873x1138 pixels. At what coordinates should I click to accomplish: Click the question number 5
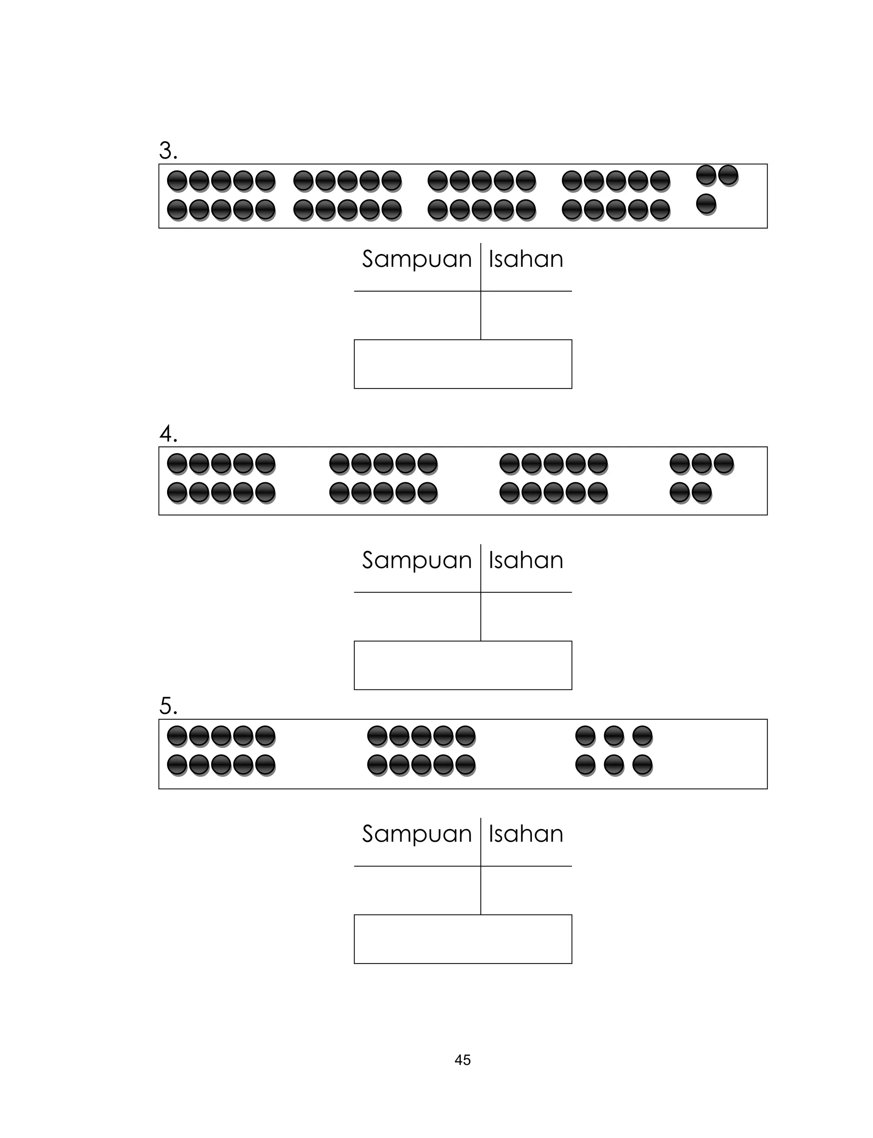[168, 706]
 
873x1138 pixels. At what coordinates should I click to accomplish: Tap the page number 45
[463, 1060]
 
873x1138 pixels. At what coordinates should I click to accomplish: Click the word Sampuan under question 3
[417, 259]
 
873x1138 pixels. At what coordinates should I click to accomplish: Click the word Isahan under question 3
[526, 259]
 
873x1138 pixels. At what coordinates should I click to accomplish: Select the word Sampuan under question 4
[417, 561]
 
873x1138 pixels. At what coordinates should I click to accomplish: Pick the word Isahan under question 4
[526, 561]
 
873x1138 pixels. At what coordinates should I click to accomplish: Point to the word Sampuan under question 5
[417, 834]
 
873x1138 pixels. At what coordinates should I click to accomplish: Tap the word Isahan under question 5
[526, 834]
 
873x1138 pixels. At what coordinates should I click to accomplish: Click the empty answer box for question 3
[463, 364]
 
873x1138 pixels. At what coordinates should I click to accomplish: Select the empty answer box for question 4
[463, 665]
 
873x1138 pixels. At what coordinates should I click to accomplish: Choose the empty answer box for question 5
[463, 939]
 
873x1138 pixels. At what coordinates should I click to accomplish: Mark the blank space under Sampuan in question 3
[417, 316]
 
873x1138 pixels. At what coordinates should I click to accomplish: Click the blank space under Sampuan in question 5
[417, 890]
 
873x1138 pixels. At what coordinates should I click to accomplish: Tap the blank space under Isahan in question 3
[526, 316]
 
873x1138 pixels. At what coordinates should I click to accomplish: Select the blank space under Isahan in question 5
[526, 890]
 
